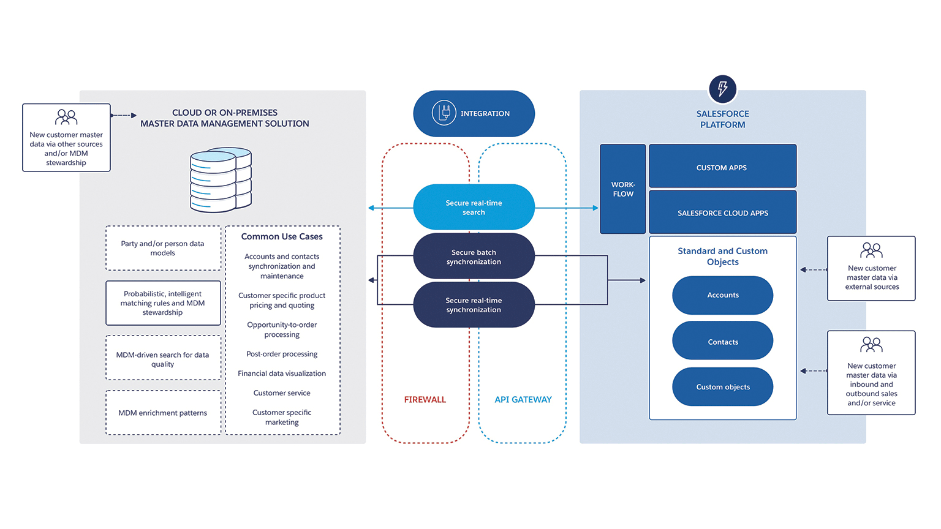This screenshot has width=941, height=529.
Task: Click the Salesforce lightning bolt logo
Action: coord(722,89)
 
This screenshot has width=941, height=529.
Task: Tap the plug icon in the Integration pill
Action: coord(444,113)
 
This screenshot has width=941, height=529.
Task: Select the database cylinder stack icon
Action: coord(221,179)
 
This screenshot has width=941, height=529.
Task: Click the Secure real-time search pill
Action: coord(474,208)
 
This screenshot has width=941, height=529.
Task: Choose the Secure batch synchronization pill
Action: coord(474,257)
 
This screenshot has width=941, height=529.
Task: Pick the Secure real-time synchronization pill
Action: coord(474,305)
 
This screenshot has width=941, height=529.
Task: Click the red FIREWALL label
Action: coord(425,400)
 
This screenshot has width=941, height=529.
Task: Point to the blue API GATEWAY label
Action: coord(523,400)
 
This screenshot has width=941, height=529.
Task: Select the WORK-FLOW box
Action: coord(622,189)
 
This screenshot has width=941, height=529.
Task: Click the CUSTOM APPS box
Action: coord(722,167)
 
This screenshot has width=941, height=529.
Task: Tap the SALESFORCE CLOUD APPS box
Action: coord(722,212)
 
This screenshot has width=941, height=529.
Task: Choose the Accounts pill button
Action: coord(722,295)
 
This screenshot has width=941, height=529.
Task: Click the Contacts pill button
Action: coord(722,342)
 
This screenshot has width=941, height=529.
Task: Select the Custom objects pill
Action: coord(722,387)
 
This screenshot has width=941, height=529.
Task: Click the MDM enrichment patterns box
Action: coord(163,413)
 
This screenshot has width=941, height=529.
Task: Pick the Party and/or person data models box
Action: coord(163,248)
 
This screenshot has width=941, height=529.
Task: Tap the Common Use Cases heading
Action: coord(282,236)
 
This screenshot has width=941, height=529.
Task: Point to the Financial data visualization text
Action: coord(282,373)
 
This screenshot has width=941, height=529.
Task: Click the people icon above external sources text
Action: coord(871,250)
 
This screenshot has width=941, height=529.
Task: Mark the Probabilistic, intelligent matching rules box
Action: coord(163,303)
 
